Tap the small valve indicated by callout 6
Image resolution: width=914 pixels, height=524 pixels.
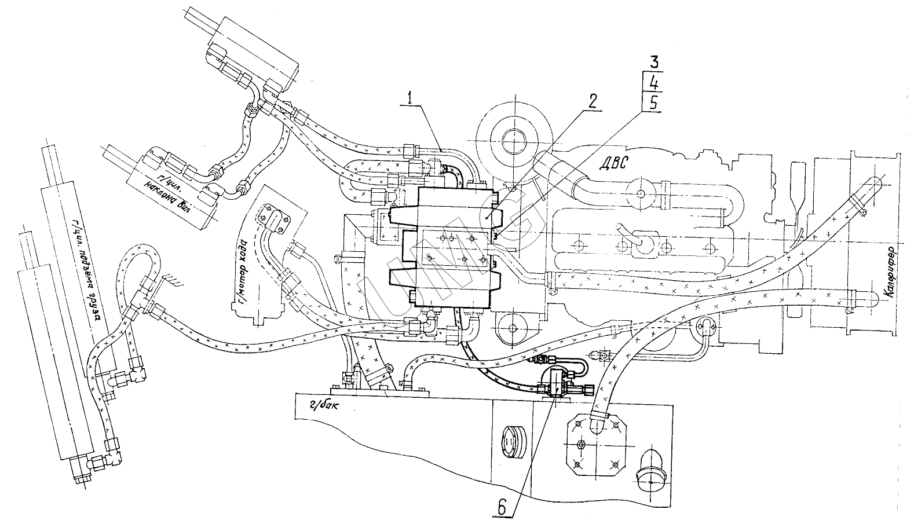tap(558, 382)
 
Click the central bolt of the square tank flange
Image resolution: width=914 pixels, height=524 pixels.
tap(580, 445)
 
